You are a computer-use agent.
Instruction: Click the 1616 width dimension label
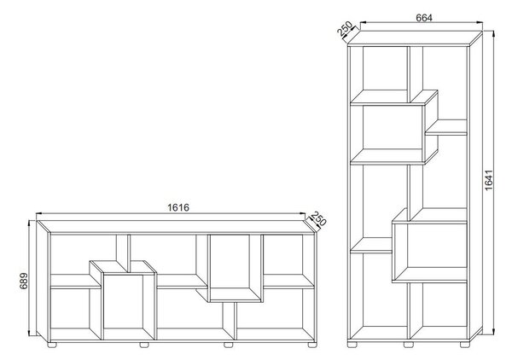click(x=178, y=207)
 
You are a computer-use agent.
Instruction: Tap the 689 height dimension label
click(x=24, y=281)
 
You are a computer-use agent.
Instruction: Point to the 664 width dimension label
click(x=424, y=18)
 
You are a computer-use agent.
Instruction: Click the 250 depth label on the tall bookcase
click(x=345, y=28)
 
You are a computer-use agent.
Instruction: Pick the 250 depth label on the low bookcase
click(x=318, y=219)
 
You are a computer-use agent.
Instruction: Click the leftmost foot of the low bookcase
click(x=52, y=345)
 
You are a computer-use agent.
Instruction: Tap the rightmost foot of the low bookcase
click(x=311, y=345)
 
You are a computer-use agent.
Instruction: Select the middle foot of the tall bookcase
click(x=408, y=345)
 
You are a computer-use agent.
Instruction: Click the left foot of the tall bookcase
click(x=352, y=345)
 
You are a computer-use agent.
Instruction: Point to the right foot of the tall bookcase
click(x=464, y=345)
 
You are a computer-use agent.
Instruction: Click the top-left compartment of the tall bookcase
click(x=386, y=68)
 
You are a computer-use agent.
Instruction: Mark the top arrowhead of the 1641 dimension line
click(x=494, y=33)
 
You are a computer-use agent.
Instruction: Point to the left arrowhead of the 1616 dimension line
click(x=39, y=213)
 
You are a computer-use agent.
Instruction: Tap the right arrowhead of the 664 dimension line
click(x=480, y=22)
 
